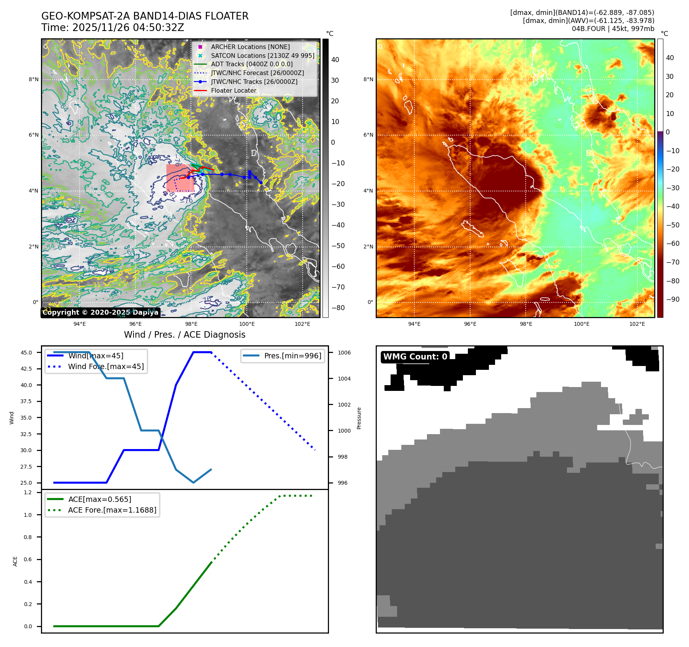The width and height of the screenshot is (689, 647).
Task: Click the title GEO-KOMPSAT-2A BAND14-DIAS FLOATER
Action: pos(145,16)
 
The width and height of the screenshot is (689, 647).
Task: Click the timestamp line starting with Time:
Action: pos(112,28)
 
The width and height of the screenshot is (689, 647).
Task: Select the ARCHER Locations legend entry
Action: pos(250,47)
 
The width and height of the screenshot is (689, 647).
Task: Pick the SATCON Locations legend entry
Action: pos(262,56)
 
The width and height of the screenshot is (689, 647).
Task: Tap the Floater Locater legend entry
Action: pos(233,90)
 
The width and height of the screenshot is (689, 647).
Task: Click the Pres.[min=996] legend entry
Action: pos(292,356)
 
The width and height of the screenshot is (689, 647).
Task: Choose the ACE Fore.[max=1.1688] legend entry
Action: pos(112,510)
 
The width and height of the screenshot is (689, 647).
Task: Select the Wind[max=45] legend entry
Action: pos(96,356)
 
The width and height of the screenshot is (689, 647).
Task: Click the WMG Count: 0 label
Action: pos(415,357)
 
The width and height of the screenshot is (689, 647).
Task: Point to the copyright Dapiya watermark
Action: pos(100,312)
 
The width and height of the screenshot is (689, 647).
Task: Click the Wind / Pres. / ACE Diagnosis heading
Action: pos(184,335)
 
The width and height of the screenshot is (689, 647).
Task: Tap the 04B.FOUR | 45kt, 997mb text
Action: pos(613,29)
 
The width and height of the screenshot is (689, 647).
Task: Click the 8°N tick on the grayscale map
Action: pos(34,80)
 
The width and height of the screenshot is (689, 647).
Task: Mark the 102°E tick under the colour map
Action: pos(637,324)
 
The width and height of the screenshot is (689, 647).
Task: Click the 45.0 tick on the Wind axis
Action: pos(26,353)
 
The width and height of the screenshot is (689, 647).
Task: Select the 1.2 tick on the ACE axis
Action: pos(28,492)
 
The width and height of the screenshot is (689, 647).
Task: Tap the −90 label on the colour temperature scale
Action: pos(673,299)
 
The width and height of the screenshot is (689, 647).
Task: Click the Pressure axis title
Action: pos(359,418)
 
